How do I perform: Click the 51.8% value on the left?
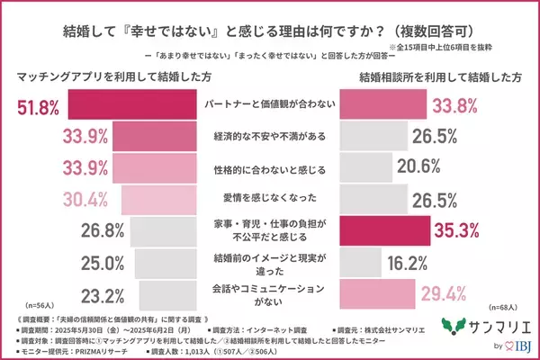coord(38,109)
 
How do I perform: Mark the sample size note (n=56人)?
coord(30,307)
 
